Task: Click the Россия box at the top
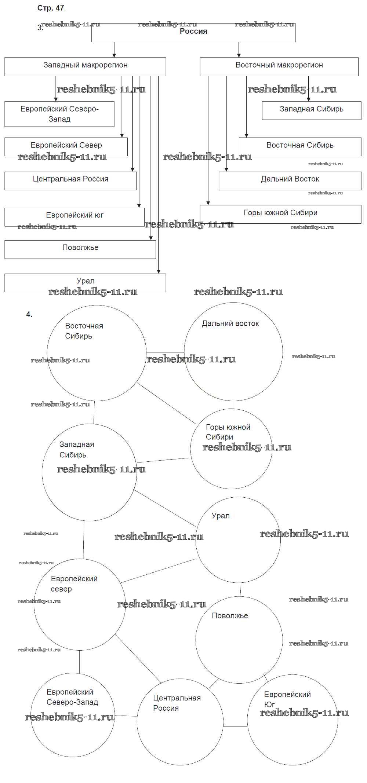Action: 193,33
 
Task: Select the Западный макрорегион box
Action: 85,66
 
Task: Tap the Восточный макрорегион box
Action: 279,66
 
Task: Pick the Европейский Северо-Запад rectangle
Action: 59,114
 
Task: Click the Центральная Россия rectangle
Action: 70,180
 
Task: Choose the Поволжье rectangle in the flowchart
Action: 80,249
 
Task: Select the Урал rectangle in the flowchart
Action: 85,283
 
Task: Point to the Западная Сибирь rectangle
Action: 311,110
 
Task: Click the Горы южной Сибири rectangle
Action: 280,214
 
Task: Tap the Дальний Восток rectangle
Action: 290,180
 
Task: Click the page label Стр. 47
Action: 51,8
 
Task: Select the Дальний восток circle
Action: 233,351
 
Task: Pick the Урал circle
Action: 238,539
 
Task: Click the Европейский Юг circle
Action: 292,720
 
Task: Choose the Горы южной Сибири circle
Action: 231,449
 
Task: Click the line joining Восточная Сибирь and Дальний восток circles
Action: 165,352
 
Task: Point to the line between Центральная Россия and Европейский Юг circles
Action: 235,727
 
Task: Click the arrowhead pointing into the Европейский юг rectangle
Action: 139,206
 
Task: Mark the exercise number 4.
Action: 29,314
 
